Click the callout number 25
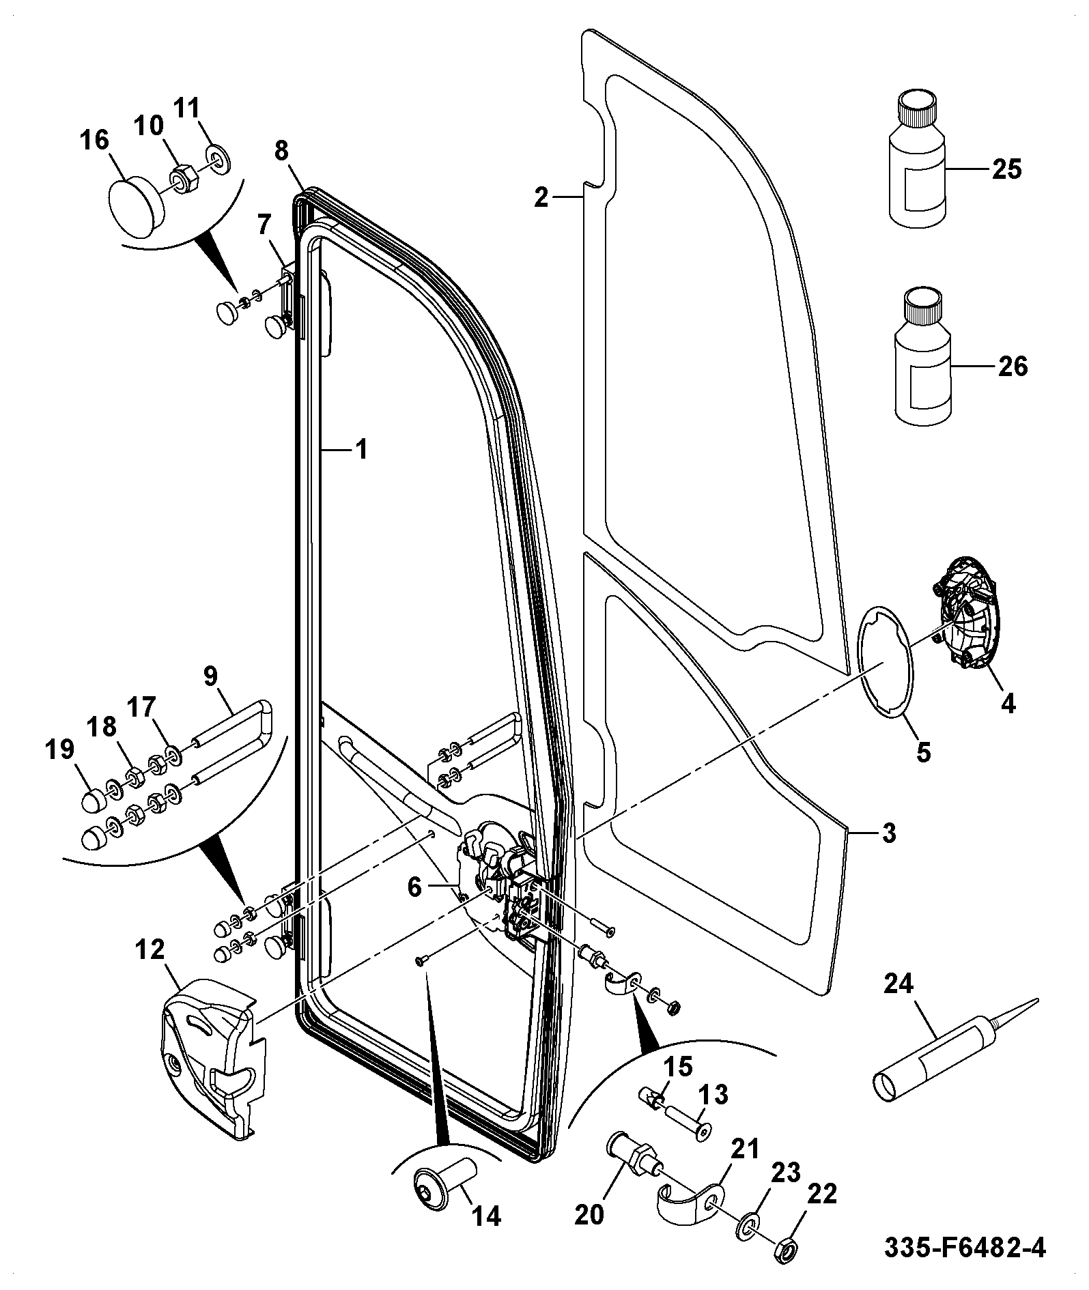click(1006, 169)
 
